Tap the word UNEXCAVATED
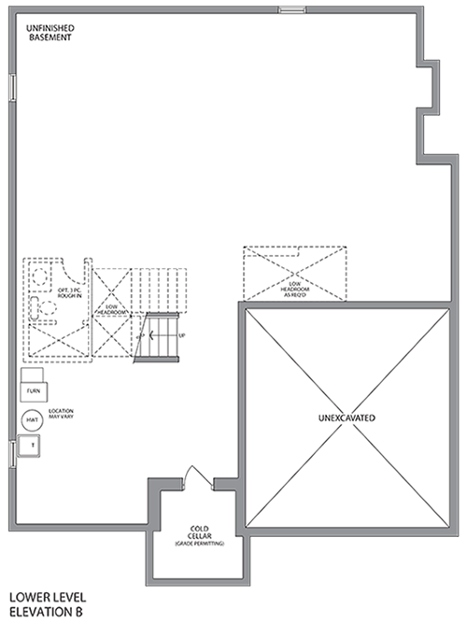[x=346, y=418]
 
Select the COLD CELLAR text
[x=201, y=532]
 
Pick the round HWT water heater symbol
[x=33, y=420]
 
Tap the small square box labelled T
[x=33, y=446]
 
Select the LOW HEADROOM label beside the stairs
[x=111, y=309]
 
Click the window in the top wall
[x=291, y=11]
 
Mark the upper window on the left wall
[x=11, y=86]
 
